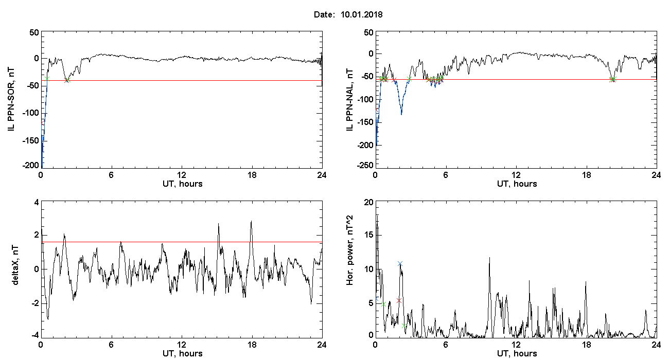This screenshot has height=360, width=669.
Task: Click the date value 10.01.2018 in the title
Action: pos(361,14)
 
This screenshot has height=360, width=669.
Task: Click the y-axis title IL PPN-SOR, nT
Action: pos(11,100)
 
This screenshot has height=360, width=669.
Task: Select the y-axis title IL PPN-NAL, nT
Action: pos(350,100)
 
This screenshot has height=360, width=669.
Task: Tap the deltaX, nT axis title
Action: pos(15,265)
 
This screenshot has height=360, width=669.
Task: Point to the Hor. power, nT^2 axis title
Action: pos(349,250)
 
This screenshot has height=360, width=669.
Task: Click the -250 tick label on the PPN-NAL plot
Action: pos(365,165)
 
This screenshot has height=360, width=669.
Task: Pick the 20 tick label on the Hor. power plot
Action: pos(369,203)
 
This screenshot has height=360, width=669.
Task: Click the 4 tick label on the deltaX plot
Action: pos(37,203)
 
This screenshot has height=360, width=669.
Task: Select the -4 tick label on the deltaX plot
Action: pos(34,335)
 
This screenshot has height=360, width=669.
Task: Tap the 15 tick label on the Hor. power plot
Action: pos(369,235)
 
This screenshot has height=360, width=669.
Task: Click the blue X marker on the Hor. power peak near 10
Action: pos(400,264)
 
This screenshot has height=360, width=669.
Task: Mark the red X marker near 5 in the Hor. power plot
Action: pos(399,300)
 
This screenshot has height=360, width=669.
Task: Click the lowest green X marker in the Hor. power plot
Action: pos(404,326)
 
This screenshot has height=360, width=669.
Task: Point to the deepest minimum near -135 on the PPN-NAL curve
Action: pos(401,115)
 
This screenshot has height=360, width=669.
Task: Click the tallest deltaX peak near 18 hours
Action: pos(251,221)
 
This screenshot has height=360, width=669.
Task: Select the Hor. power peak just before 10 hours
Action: pos(489,258)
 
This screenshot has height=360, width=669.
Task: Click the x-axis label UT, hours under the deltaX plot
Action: pos(183,354)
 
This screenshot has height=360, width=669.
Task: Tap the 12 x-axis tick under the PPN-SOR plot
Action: pos(182,175)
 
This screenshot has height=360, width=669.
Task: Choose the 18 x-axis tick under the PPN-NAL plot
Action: pos(587,175)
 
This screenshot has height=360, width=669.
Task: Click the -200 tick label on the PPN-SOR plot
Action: pos(31,165)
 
